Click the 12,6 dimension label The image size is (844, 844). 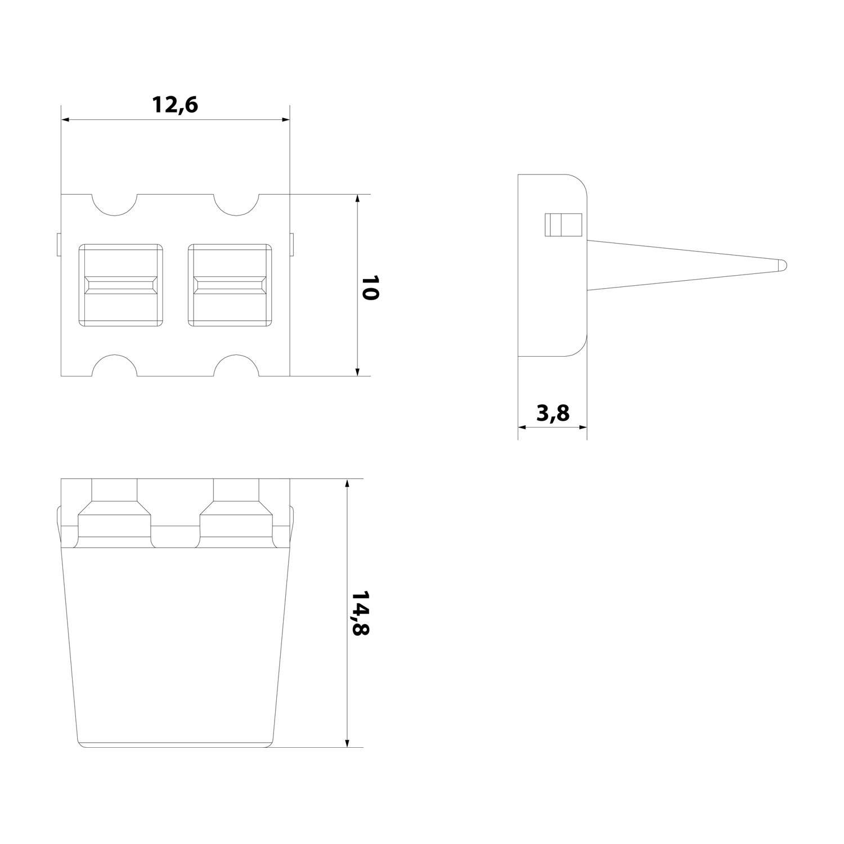(175, 105)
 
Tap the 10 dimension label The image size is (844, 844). (369, 288)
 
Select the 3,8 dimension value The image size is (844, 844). (553, 414)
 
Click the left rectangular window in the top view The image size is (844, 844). (120, 285)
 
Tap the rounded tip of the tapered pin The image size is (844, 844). (782, 263)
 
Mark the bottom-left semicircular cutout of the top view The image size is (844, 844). (114, 366)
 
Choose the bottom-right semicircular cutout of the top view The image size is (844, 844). (236, 366)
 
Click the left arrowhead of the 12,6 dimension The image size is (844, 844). (65, 120)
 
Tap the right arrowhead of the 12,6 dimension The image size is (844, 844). (285, 120)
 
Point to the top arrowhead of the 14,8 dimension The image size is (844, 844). (348, 484)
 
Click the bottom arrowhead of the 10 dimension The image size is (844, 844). (357, 371)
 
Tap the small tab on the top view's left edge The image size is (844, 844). (59, 245)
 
